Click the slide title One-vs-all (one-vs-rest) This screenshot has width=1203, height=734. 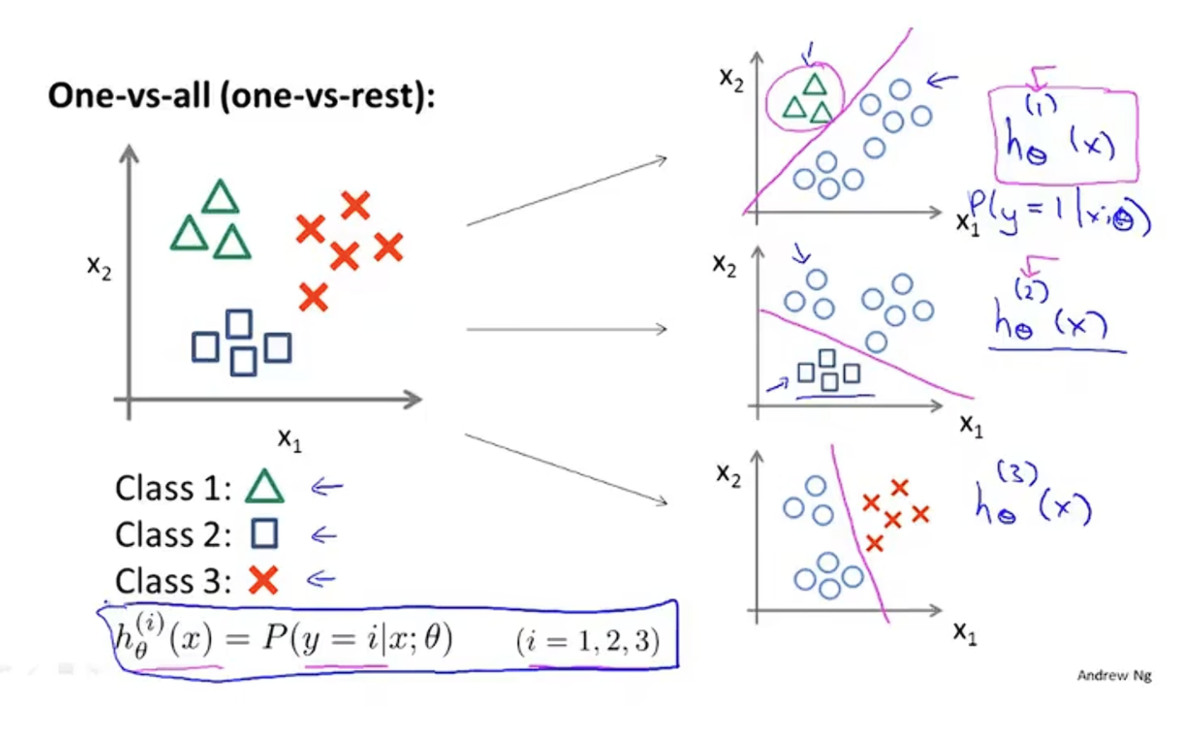coord(241,96)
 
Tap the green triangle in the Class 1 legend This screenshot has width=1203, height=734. coord(265,487)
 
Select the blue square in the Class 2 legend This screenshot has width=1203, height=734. coord(265,533)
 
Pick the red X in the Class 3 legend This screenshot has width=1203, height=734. coord(263,580)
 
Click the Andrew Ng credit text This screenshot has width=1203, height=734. coord(1114,676)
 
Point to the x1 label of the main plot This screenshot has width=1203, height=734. coord(289,439)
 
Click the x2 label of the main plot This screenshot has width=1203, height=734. coord(99,267)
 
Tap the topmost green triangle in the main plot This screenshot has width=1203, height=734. coord(221,198)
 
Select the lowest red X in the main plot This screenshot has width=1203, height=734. coord(313,297)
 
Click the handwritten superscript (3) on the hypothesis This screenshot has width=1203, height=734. coord(1017,473)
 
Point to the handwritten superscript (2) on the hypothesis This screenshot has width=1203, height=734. coord(1031,289)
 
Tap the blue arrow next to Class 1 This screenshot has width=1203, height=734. coord(326,487)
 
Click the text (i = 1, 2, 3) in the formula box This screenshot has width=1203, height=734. coord(588,641)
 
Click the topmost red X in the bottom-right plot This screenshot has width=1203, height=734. coord(899,487)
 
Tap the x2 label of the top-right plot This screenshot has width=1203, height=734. coord(731,79)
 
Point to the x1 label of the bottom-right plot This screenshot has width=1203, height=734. coord(966,633)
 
